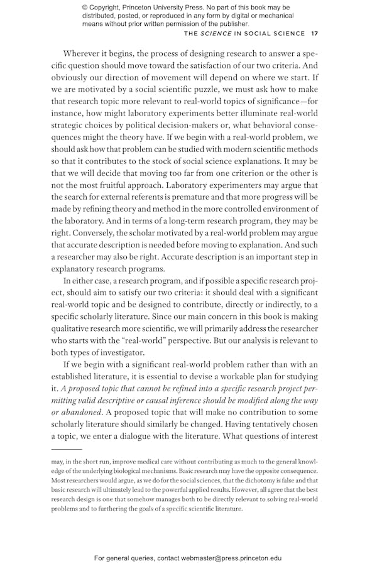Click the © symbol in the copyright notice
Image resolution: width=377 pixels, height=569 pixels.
point(85,7)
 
